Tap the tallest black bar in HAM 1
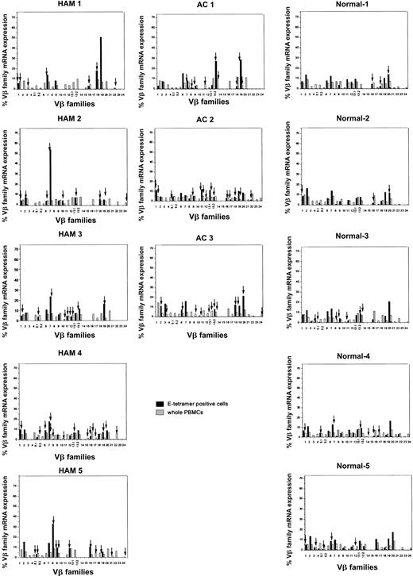[x=101, y=63]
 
